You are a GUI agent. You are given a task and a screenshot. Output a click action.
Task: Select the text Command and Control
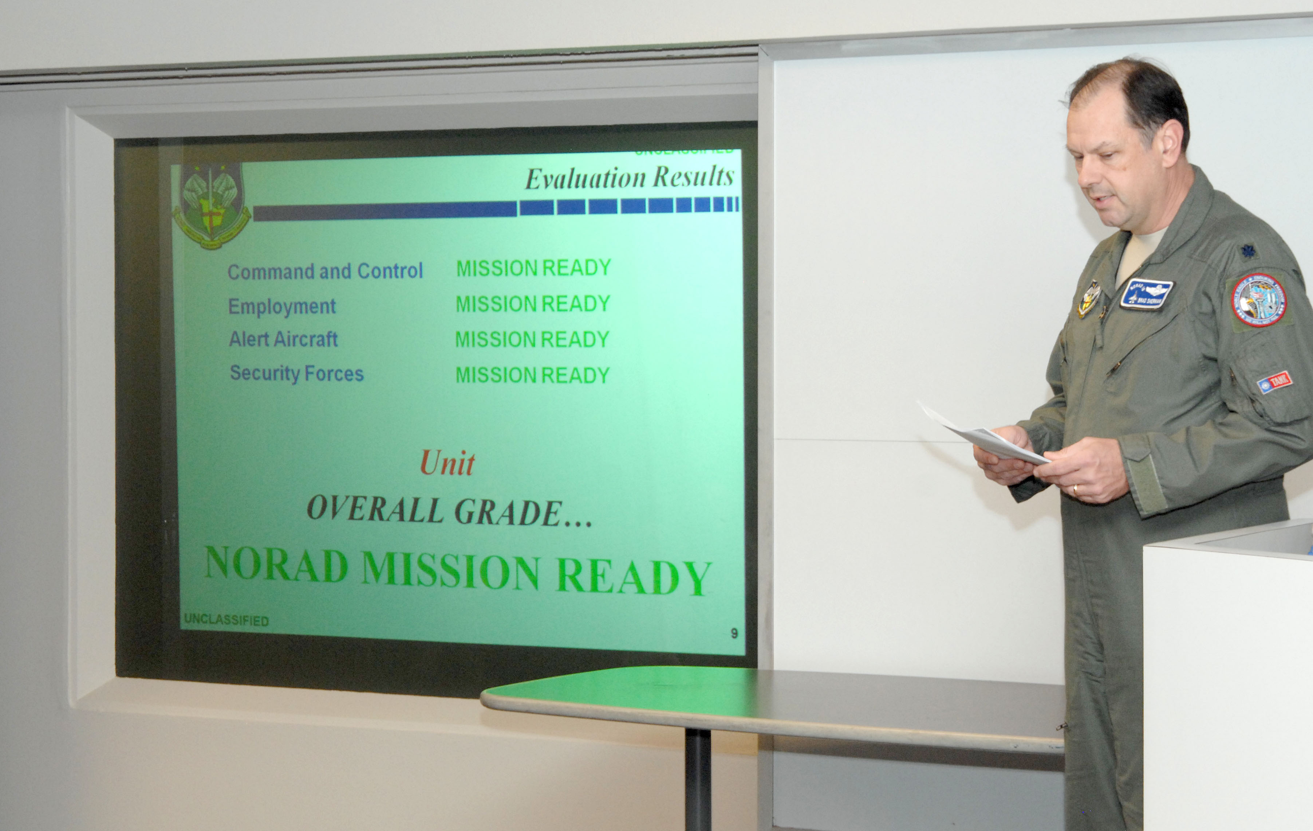[325, 271]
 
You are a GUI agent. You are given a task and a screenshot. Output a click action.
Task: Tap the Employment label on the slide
[281, 307]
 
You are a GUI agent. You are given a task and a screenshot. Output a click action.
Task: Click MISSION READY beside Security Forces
[532, 375]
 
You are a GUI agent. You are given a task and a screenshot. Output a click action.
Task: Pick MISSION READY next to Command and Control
[533, 268]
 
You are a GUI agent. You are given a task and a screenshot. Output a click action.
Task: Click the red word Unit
[447, 463]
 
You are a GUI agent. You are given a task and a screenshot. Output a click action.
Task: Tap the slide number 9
[734, 633]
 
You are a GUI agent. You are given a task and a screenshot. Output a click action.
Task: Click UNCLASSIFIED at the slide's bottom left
[226, 620]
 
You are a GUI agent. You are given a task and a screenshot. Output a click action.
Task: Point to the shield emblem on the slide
[210, 204]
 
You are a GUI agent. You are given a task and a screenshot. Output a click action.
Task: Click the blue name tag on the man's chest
[1146, 294]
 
